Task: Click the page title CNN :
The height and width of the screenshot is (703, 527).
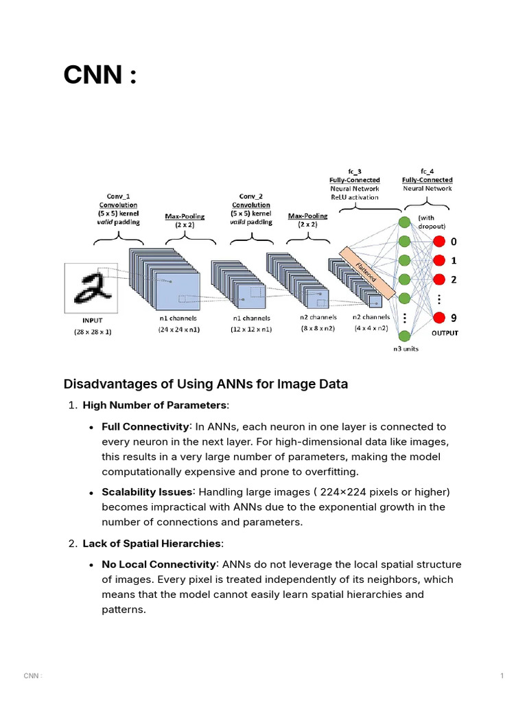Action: (x=99, y=75)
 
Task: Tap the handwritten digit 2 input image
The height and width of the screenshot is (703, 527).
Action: (x=92, y=289)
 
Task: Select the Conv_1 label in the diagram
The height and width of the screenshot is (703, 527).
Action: (x=118, y=196)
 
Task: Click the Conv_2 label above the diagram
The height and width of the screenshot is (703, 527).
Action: (x=251, y=196)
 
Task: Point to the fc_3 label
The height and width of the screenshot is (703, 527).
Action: (x=354, y=171)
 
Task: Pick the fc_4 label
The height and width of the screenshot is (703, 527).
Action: (x=427, y=171)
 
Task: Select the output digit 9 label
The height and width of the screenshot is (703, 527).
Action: (x=454, y=317)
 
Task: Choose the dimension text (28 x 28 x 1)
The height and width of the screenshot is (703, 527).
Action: (x=93, y=332)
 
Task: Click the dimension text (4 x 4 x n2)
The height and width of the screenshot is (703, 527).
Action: (x=371, y=328)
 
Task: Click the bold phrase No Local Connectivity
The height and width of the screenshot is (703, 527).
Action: (x=158, y=564)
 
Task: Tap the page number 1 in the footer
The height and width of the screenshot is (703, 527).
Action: (x=502, y=676)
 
